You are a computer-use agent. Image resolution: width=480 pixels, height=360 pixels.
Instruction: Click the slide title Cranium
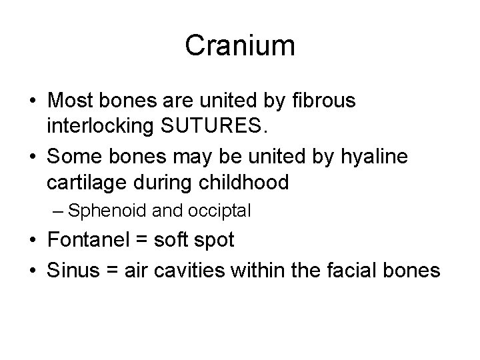240,45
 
